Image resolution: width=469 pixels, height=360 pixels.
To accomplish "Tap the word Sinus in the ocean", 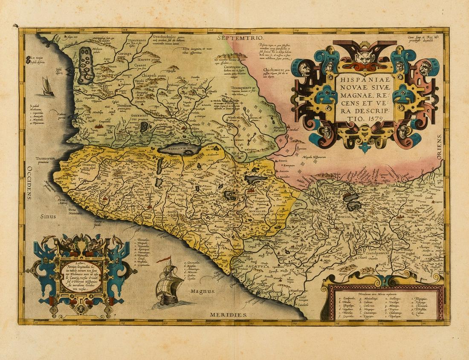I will coord(48,216).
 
